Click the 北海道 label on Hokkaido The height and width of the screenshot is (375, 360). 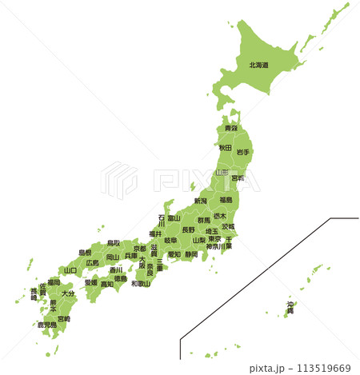258,66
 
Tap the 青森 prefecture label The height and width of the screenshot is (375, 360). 230,129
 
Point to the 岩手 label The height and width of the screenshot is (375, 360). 243,152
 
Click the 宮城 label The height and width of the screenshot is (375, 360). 238,178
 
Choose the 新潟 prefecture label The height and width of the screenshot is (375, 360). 200,201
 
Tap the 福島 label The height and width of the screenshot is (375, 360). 226,200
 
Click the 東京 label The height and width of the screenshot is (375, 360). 214,238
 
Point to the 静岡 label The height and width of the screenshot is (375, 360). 190,254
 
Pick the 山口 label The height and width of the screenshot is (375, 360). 70,270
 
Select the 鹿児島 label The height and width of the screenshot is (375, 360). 46,325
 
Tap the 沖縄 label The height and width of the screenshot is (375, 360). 290,307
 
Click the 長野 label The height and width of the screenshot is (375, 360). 188,229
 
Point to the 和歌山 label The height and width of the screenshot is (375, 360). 141,283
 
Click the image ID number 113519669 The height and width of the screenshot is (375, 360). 324,368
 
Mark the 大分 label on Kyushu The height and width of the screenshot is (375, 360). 68,294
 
